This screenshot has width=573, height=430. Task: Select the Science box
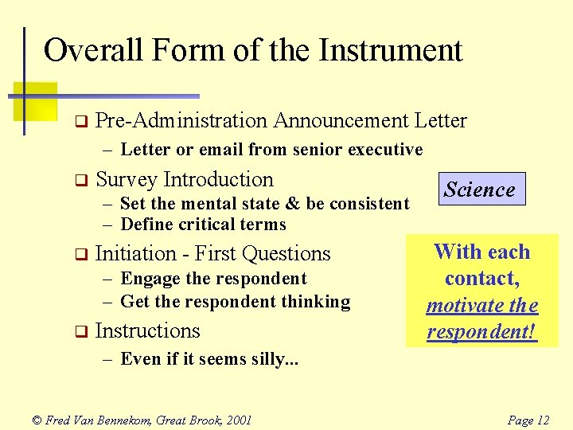[x=479, y=190]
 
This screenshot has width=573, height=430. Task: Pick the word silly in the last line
[x=275, y=359]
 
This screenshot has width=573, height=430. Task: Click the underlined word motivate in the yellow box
[x=463, y=306]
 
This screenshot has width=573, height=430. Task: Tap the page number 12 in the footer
[x=541, y=420]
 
